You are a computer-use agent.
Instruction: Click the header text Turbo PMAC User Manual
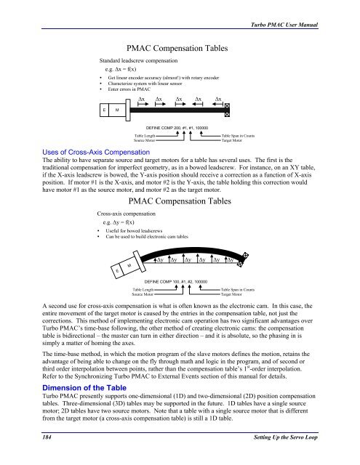284,25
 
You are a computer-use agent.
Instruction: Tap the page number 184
47,437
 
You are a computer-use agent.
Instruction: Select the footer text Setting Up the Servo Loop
286,437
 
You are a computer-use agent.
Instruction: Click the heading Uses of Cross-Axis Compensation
96,152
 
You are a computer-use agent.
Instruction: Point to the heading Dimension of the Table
84,388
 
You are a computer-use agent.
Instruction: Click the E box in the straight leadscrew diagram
104,110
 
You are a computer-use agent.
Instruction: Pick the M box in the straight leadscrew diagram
117,110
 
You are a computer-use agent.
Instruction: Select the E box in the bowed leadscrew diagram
117,271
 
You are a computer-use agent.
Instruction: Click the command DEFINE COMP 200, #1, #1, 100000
177,128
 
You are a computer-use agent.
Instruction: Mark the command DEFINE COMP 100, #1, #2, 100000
176,282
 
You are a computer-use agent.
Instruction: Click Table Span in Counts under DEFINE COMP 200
238,136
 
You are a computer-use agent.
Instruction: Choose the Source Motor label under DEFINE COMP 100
143,294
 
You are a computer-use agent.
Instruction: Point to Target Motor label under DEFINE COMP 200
232,140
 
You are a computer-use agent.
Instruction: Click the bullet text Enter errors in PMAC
129,89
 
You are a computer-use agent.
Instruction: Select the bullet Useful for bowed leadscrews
134,231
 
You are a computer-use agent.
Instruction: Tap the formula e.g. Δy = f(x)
119,222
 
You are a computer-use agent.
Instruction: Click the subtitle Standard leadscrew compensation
139,61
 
